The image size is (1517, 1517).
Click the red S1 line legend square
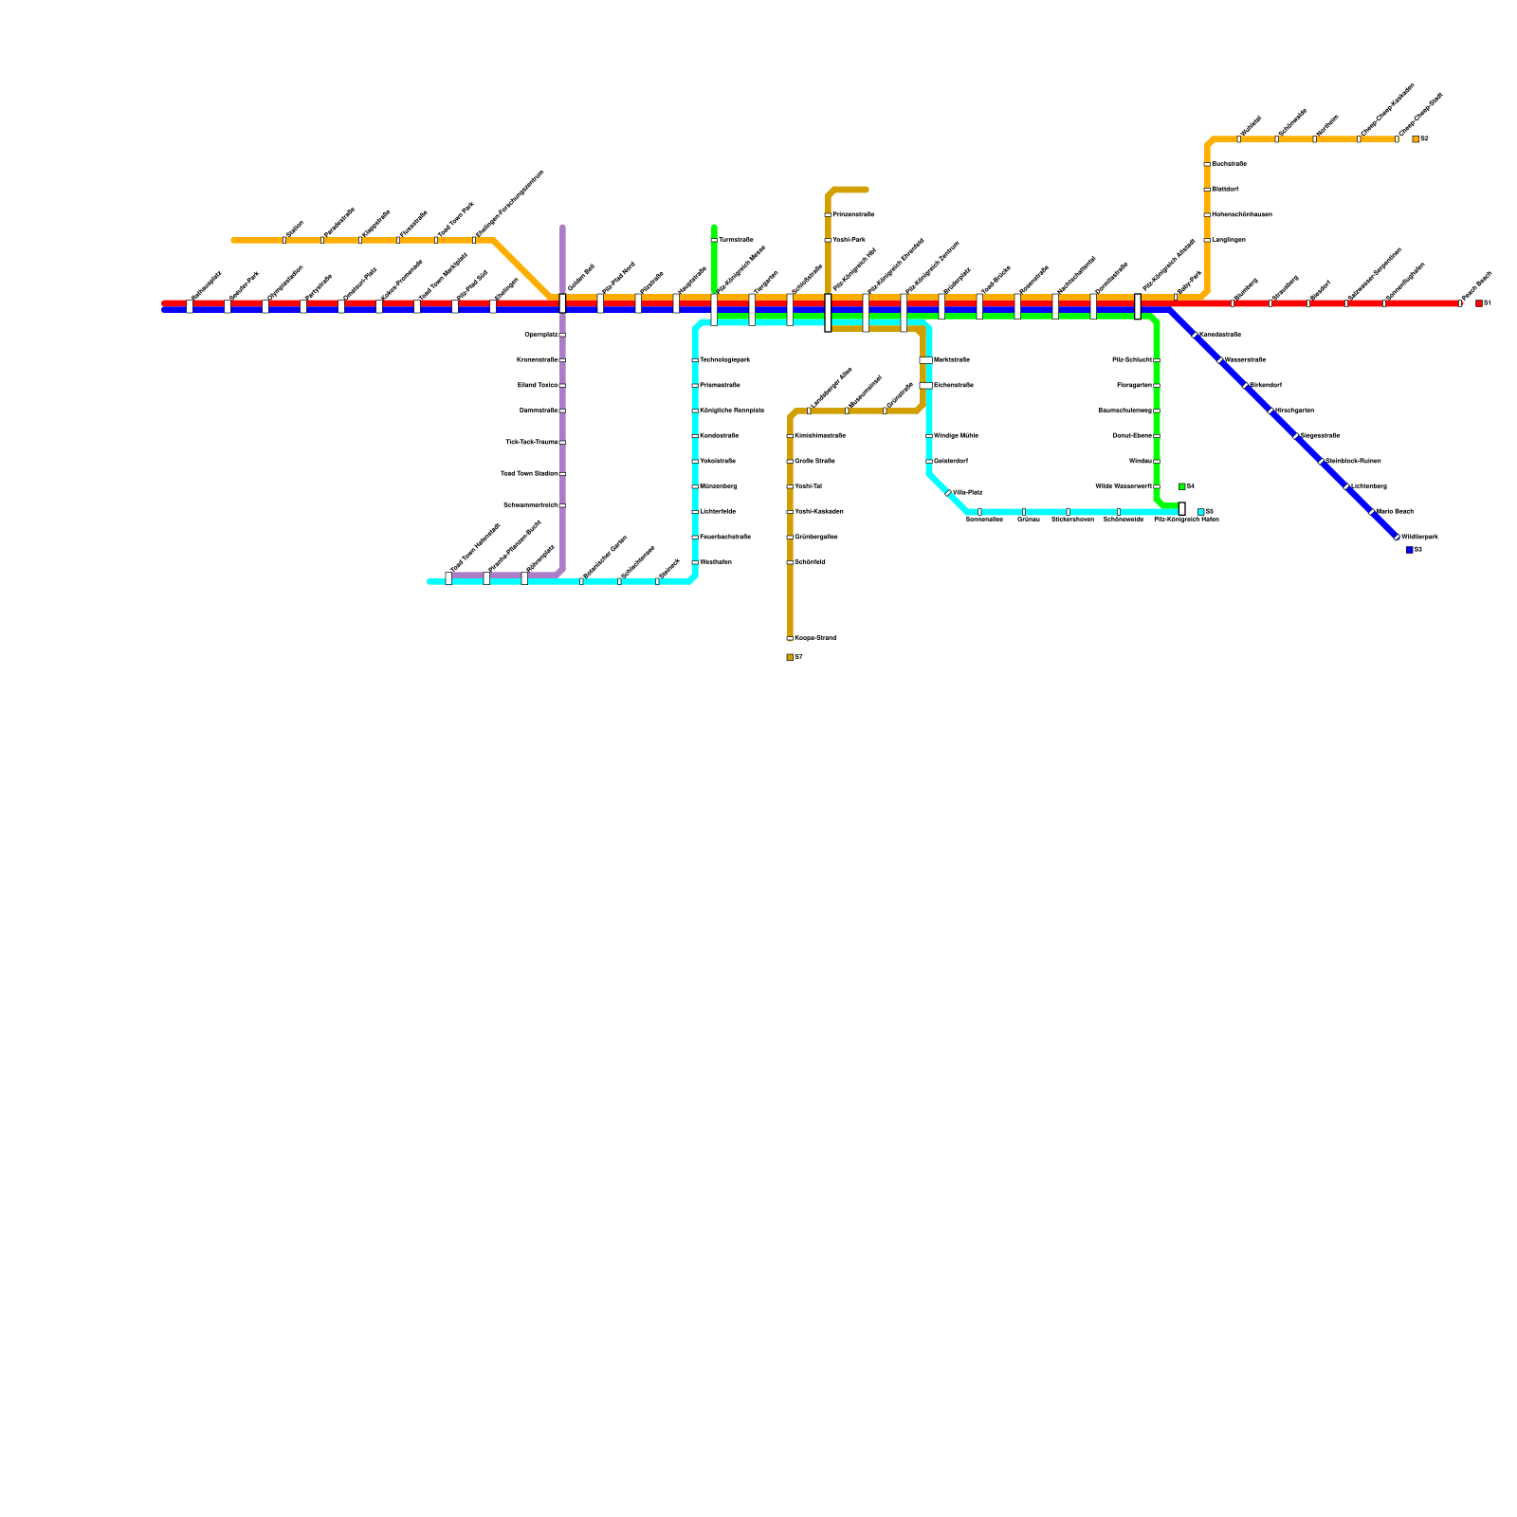coord(1478,303)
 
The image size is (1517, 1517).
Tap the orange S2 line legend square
coord(1416,139)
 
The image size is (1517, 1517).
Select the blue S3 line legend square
coord(1410,550)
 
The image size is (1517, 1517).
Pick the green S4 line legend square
coord(1181,486)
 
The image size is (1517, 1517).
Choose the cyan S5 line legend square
coord(1201,512)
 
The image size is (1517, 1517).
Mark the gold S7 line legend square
coord(790,657)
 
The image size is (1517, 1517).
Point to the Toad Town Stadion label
coord(529,474)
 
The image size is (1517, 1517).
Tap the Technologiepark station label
coord(725,360)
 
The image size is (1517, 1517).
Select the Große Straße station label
coord(815,462)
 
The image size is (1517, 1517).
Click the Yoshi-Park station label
coord(850,241)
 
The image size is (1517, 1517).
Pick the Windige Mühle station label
coord(956,436)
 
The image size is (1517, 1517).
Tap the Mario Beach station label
coord(1395,512)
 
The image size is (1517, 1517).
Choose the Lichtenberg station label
coord(1369,486)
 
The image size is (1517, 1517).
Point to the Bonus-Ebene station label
coord(1132,436)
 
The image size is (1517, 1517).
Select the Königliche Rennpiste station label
coord(732,411)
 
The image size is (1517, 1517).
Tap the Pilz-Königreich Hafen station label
coord(1186,520)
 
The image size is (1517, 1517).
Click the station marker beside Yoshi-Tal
coord(790,486)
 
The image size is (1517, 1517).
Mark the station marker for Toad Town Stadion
coord(562,474)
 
